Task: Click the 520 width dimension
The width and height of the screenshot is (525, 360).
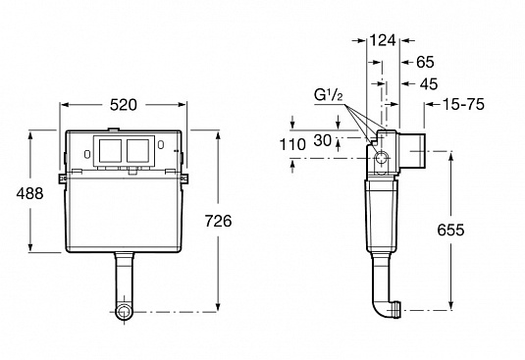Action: click(124, 105)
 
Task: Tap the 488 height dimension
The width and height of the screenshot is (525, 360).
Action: click(29, 193)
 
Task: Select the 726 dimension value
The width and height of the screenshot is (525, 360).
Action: click(218, 221)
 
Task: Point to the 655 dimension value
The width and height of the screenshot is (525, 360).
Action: click(450, 230)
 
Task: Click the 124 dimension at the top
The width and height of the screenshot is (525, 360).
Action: click(383, 40)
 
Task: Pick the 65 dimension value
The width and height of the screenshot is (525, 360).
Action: click(425, 62)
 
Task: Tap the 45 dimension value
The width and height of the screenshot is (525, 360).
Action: click(429, 84)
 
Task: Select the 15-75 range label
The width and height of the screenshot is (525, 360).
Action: click(463, 104)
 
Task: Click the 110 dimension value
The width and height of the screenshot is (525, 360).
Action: click(292, 144)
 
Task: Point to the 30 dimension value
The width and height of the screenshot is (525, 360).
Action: click(323, 140)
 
